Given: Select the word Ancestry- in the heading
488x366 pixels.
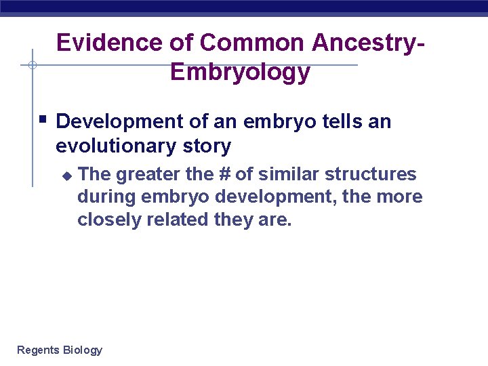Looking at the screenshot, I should [369, 43].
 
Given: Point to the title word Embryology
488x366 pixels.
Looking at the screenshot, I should [241, 71].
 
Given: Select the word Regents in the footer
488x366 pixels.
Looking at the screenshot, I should [38, 350].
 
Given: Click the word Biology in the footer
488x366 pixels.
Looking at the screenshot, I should [83, 350].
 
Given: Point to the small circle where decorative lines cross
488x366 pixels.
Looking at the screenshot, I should [32, 66].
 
